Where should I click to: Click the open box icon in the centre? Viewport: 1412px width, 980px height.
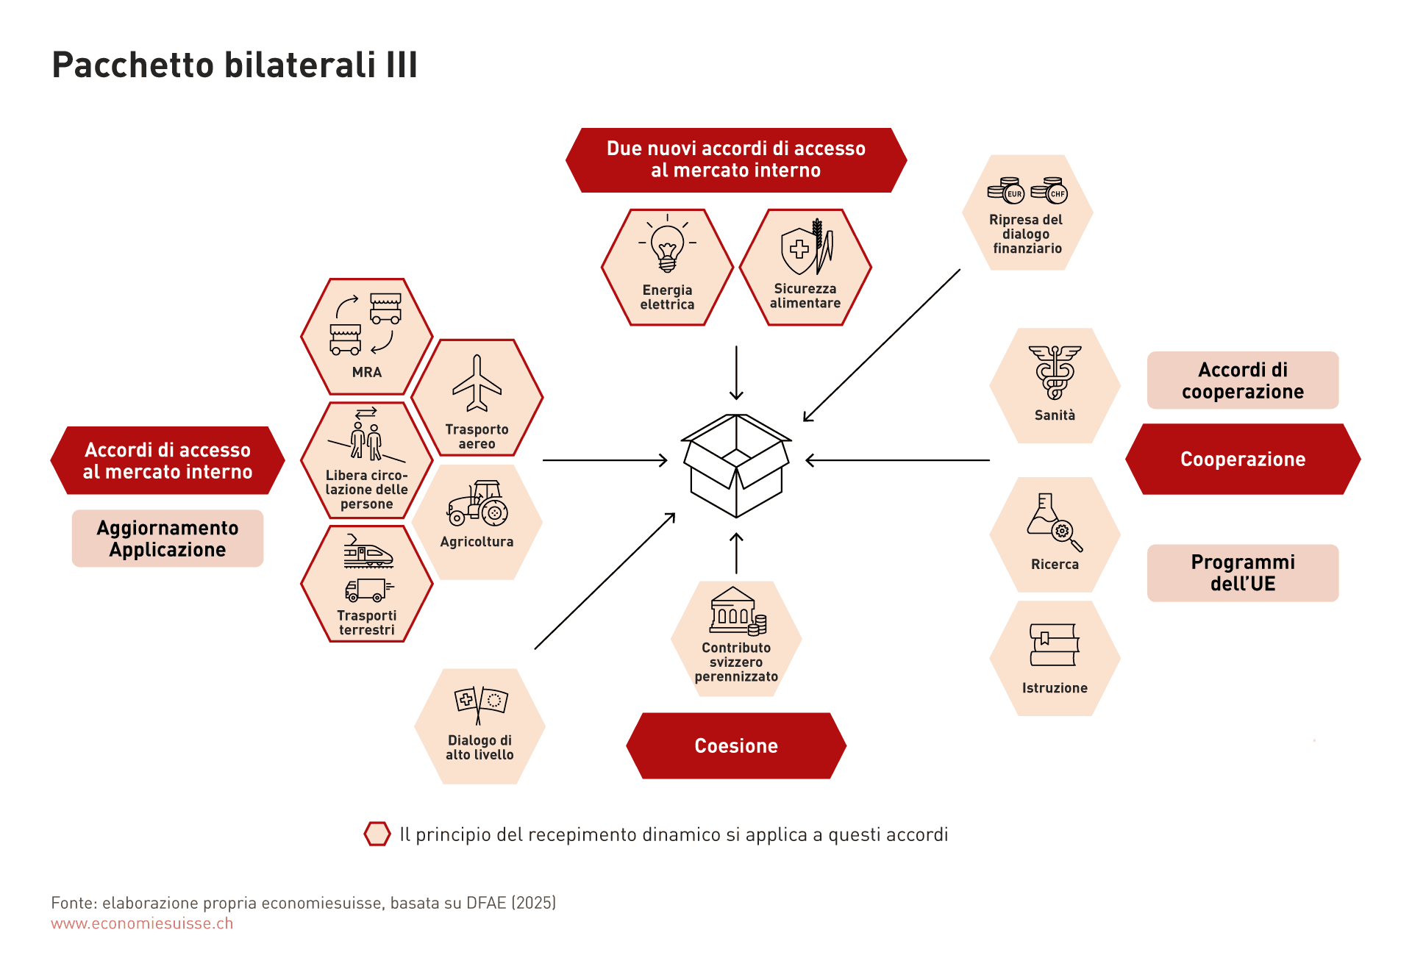point(736,465)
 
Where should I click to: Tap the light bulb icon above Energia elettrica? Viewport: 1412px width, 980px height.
point(667,247)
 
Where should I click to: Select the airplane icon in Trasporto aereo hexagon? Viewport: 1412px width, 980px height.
point(477,383)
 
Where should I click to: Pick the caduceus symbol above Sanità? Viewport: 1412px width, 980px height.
point(1055,372)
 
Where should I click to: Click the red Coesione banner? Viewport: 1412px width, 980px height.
point(736,745)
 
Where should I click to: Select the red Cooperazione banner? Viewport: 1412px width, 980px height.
point(1243,459)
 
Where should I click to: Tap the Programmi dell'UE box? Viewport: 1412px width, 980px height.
point(1243,573)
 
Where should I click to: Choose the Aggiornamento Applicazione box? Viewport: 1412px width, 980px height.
point(168,539)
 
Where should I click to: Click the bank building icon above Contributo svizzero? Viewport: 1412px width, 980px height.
point(736,611)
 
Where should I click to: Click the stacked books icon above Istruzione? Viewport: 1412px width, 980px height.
point(1054,645)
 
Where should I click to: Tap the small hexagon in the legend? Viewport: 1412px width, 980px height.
point(377,834)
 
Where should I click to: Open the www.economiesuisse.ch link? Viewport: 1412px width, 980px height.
point(142,923)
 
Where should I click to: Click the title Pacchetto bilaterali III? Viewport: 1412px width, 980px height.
point(235,65)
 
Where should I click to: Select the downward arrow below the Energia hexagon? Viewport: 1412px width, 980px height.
point(736,373)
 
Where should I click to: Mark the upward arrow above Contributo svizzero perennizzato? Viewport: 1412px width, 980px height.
point(736,553)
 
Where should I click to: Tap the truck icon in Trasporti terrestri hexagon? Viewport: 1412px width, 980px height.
point(366,590)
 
